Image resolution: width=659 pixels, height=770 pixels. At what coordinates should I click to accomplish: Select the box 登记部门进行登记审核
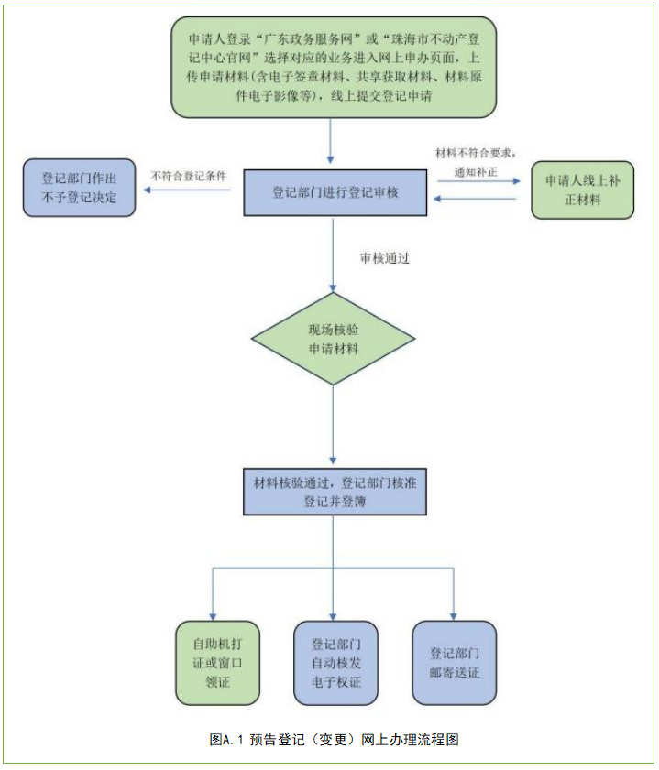(x=335, y=193)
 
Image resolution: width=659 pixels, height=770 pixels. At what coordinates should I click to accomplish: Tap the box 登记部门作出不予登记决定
(x=79, y=187)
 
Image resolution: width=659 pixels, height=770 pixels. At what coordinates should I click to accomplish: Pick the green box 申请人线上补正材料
(x=582, y=190)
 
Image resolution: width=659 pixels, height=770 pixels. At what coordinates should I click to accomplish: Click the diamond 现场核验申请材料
(x=334, y=338)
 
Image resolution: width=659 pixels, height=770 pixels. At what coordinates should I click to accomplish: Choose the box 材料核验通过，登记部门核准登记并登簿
(x=335, y=492)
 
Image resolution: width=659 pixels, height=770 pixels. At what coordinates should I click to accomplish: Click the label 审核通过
(x=384, y=258)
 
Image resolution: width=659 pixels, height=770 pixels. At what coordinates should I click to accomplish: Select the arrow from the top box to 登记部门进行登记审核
(x=334, y=146)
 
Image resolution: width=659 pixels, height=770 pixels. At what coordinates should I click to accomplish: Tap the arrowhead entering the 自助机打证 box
(x=214, y=615)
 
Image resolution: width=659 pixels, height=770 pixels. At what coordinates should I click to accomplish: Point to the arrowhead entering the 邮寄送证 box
(x=454, y=615)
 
